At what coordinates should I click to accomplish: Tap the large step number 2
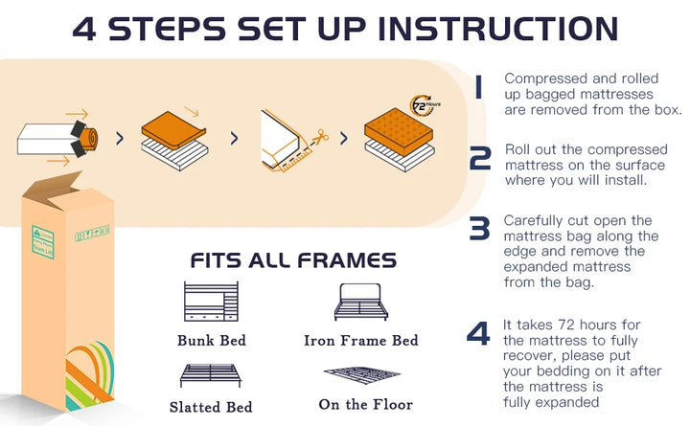pyautogui.click(x=480, y=158)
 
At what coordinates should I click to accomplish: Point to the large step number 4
pyautogui.click(x=478, y=333)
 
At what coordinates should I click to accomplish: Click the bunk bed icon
pyautogui.click(x=211, y=302)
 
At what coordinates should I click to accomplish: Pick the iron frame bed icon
pyautogui.click(x=360, y=302)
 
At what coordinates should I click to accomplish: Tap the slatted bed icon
pyautogui.click(x=210, y=372)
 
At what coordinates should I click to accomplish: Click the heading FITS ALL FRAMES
pyautogui.click(x=293, y=260)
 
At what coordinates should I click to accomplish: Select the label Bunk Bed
pyautogui.click(x=211, y=340)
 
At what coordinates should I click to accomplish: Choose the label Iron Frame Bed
pyautogui.click(x=360, y=340)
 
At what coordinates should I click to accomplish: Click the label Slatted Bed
pyautogui.click(x=211, y=406)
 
